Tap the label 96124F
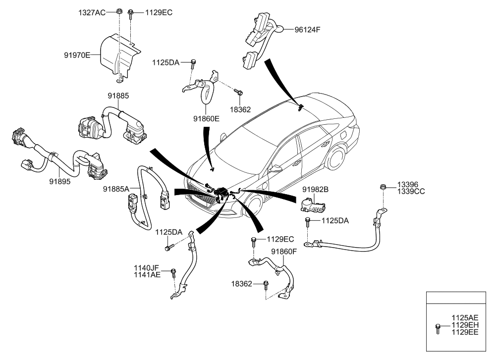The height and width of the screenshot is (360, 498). pyautogui.click(x=308, y=29)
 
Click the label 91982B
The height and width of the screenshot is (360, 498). pyautogui.click(x=316, y=189)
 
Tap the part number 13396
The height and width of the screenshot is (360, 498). pyautogui.click(x=408, y=184)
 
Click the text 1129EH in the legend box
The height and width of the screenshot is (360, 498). pyautogui.click(x=465, y=325)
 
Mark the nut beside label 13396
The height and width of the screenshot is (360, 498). pyautogui.click(x=383, y=187)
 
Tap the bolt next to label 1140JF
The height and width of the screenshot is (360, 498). pyautogui.click(x=173, y=272)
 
